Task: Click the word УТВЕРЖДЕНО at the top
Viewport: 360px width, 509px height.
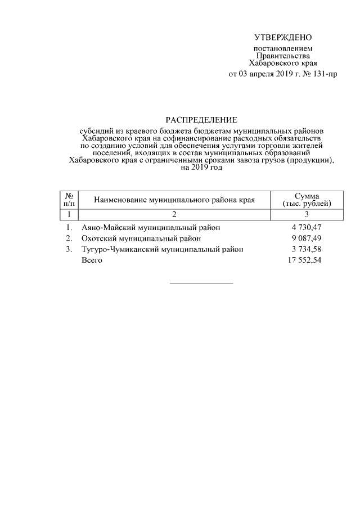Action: click(x=282, y=38)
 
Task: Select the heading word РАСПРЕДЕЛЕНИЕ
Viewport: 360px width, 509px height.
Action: click(x=201, y=120)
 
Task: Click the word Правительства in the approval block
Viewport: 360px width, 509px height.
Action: click(x=283, y=56)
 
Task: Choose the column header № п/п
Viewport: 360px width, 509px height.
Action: click(x=69, y=199)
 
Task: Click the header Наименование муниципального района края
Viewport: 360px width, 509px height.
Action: click(x=174, y=200)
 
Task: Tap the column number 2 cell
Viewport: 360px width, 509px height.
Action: click(x=174, y=214)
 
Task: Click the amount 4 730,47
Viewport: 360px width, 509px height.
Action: click(x=305, y=228)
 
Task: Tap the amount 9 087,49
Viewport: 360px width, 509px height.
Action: click(x=305, y=238)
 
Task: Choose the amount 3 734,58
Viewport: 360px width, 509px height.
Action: click(x=305, y=249)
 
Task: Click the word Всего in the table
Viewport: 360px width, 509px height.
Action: click(x=92, y=260)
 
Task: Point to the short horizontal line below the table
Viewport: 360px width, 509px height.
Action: click(x=201, y=282)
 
